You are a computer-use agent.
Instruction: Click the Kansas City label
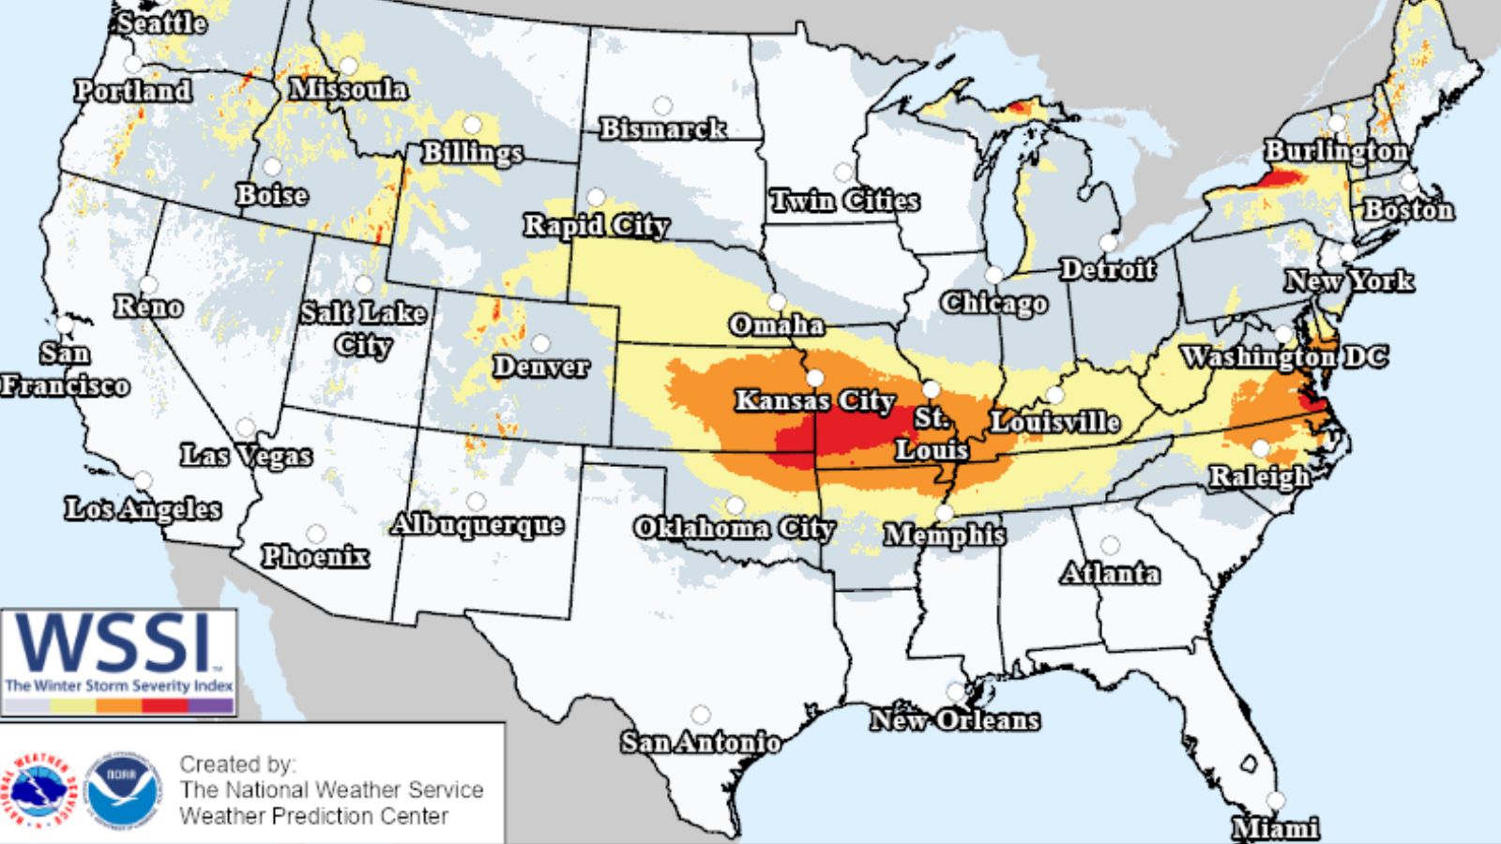814,401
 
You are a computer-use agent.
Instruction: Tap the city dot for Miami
1275,800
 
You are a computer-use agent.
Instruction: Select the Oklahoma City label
734,528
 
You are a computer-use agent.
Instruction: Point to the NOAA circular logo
121,791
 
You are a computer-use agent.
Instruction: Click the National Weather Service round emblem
38,791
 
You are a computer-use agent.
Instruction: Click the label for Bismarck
662,128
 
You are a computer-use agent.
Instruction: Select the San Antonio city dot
700,716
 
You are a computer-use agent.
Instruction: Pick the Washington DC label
1283,357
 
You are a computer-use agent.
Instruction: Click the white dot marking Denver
540,343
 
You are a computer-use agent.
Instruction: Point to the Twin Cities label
844,201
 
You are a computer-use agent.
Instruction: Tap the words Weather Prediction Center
313,816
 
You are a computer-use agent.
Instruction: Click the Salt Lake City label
363,328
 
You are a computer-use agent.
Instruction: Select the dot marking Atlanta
1110,545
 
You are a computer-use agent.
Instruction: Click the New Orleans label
954,720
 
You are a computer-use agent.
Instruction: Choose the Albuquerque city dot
477,502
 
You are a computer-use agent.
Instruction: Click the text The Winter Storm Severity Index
118,686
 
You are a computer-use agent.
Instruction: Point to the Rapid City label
596,226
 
